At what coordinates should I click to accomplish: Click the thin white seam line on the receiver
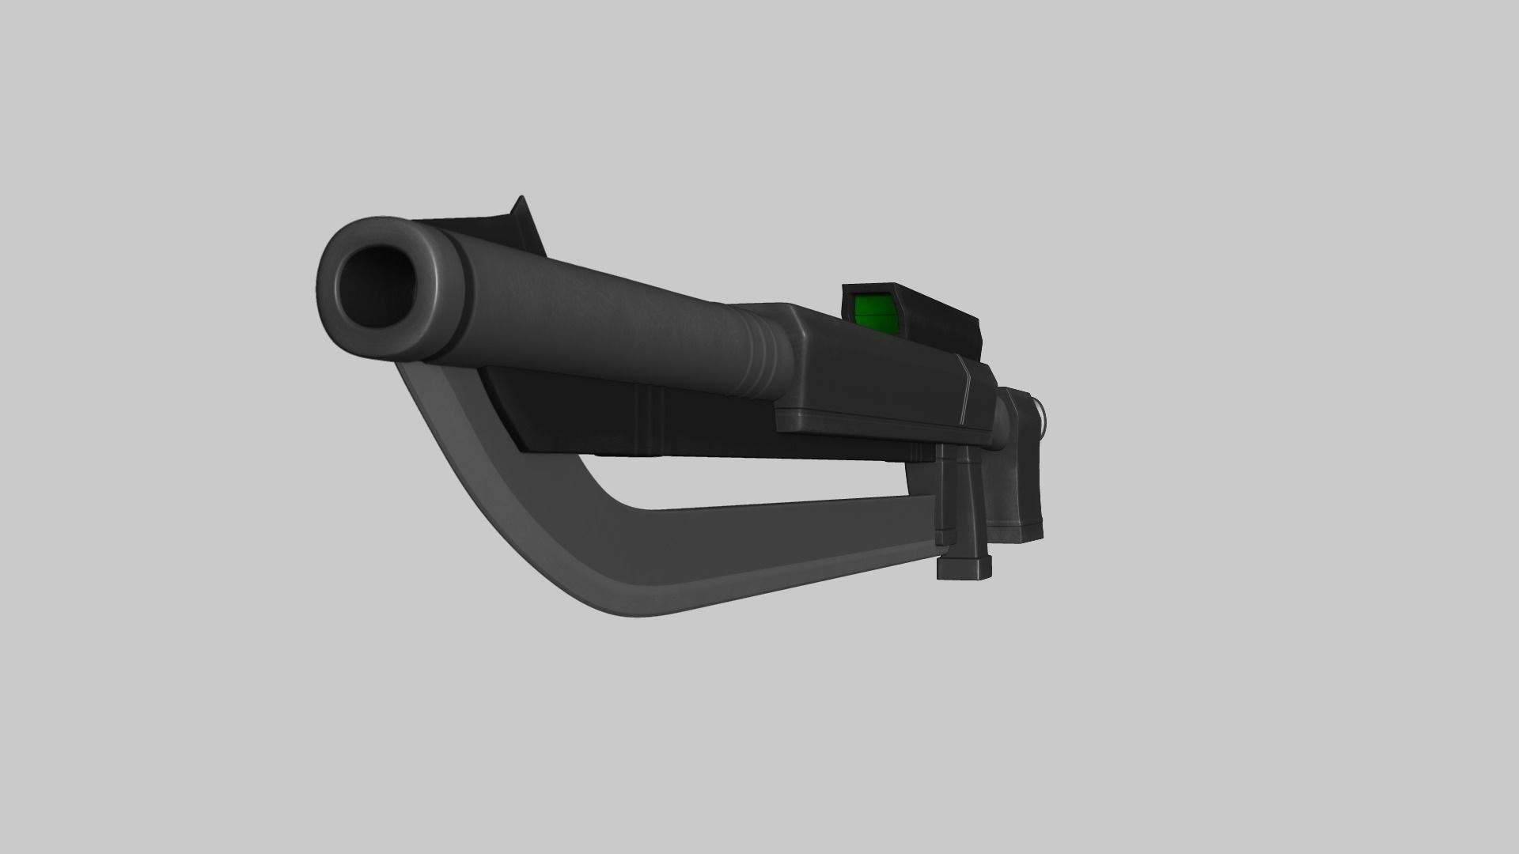(967, 387)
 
